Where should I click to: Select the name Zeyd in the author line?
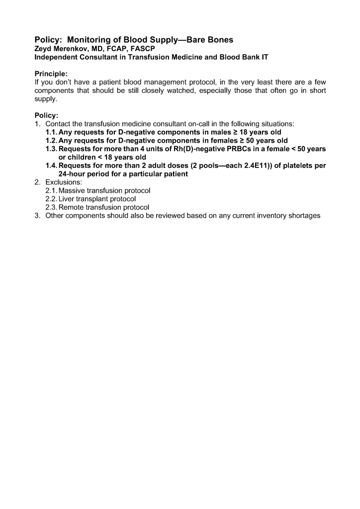(x=43, y=48)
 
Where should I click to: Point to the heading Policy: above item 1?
(x=46, y=115)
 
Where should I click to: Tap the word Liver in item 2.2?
(x=68, y=199)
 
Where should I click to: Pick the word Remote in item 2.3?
(x=72, y=207)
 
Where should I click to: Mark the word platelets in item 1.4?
(x=292, y=166)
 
